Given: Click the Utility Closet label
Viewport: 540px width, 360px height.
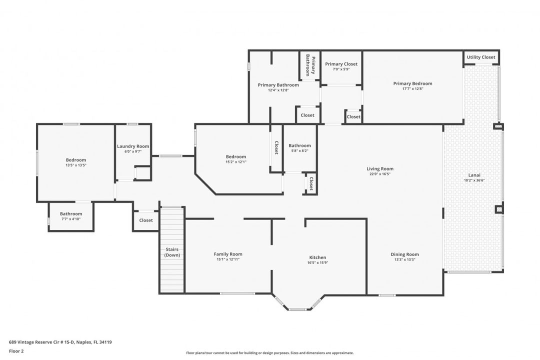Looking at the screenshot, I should point(481,57).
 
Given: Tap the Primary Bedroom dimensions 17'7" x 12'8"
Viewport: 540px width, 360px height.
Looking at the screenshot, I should point(412,89).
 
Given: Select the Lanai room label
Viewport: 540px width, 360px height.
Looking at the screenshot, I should point(474,175).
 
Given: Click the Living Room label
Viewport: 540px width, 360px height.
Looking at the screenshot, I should point(380,168).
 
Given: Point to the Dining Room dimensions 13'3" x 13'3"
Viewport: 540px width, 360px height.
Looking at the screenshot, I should point(405,260).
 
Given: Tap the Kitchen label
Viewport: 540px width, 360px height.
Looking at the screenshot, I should point(317,257).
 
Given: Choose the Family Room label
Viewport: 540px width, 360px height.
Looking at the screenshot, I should point(228,254).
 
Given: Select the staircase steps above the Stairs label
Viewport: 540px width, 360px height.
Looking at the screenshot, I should point(172,225).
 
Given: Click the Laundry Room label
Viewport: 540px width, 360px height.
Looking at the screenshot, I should point(133,146).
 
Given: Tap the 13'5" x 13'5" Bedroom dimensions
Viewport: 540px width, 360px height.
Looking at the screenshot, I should point(76,165).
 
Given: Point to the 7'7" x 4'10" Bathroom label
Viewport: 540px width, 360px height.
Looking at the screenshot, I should point(71,213).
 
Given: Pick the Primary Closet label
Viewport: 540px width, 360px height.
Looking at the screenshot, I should point(341,64).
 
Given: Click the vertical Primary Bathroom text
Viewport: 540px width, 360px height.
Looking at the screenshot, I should point(310,65).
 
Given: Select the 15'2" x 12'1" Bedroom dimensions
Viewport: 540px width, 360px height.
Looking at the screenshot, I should point(236,162).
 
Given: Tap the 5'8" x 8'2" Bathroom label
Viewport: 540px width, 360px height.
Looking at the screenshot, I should point(299,145).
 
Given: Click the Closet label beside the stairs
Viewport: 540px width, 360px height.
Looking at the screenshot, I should point(146,220).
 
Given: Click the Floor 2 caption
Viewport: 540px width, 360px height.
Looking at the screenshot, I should point(16,351).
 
